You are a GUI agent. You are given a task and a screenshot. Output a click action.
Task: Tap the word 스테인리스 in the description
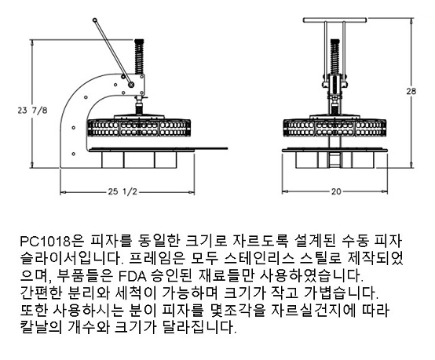270,258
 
